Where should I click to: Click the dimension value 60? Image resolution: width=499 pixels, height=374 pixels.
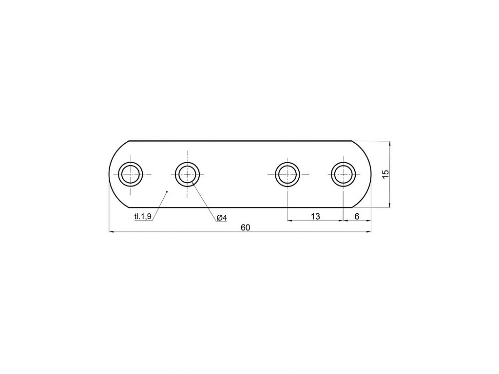[x=246, y=227]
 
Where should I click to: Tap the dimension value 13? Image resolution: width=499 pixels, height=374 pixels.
[x=315, y=216]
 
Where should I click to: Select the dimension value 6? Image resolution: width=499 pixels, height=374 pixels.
[x=357, y=216]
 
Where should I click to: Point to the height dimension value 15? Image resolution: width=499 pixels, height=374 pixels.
[x=385, y=174]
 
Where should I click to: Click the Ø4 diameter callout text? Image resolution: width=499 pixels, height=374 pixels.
[x=222, y=218]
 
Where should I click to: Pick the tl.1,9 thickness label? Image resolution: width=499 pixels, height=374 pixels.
[x=143, y=217]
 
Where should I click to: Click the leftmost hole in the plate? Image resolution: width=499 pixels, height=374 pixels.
[x=131, y=174]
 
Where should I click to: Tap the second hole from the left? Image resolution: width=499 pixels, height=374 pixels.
[x=188, y=174]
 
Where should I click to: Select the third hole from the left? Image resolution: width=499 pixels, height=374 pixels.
[x=288, y=174]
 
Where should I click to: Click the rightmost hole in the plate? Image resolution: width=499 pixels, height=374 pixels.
[x=344, y=174]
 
